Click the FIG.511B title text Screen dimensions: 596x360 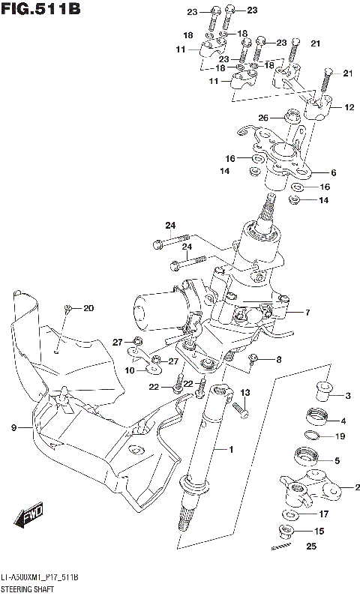[x=40, y=10]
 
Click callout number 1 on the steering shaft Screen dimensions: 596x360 [x=231, y=449]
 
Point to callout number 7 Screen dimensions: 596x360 [x=306, y=313]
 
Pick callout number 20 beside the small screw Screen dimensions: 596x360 [x=89, y=308]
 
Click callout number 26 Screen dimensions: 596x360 [x=262, y=118]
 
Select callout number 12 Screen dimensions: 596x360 [x=349, y=107]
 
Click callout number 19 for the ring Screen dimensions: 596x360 [x=340, y=436]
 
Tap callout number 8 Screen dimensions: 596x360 [x=279, y=360]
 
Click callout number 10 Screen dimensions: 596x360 [x=130, y=370]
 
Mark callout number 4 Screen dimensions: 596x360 [x=343, y=420]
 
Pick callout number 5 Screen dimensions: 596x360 [x=337, y=460]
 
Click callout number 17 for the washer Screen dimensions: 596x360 [x=324, y=514]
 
